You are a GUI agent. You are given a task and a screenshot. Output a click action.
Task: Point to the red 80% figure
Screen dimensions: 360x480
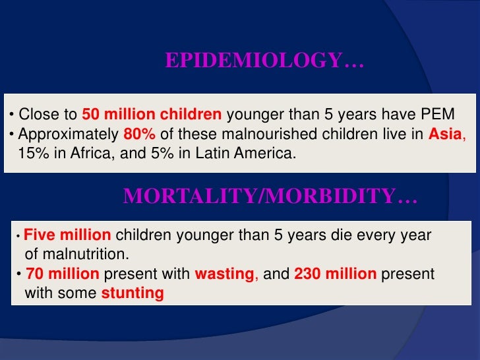tap(139, 134)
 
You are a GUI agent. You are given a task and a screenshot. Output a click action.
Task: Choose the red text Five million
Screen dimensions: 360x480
tap(68, 235)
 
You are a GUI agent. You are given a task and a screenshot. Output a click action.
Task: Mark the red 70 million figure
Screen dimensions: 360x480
tap(63, 274)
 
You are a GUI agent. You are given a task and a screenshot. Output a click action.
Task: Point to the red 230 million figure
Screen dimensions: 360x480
tap(335, 274)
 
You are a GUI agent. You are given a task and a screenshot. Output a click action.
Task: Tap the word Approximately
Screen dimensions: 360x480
tap(69, 134)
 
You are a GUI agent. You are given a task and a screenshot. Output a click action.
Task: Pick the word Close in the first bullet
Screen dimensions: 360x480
tap(35, 113)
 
